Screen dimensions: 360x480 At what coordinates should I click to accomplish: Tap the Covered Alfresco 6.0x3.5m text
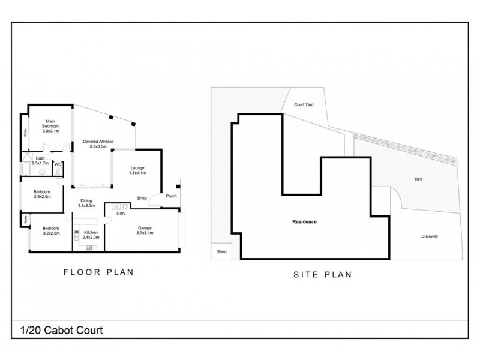click(x=94, y=144)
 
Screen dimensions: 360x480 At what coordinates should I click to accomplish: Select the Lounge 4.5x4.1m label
click(x=137, y=170)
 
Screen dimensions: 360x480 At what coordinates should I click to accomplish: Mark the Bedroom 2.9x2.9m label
click(x=42, y=194)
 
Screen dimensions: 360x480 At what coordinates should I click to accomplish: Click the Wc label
click(x=58, y=164)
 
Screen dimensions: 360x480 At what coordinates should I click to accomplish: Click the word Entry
click(x=142, y=198)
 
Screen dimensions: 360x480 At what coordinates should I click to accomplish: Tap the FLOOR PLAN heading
click(x=98, y=272)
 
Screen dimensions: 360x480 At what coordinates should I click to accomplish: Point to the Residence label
click(x=304, y=222)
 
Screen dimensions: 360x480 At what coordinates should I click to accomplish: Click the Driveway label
click(x=430, y=236)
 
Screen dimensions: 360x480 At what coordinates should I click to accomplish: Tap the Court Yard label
click(x=304, y=104)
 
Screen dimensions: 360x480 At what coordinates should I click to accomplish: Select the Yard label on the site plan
click(x=419, y=179)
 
